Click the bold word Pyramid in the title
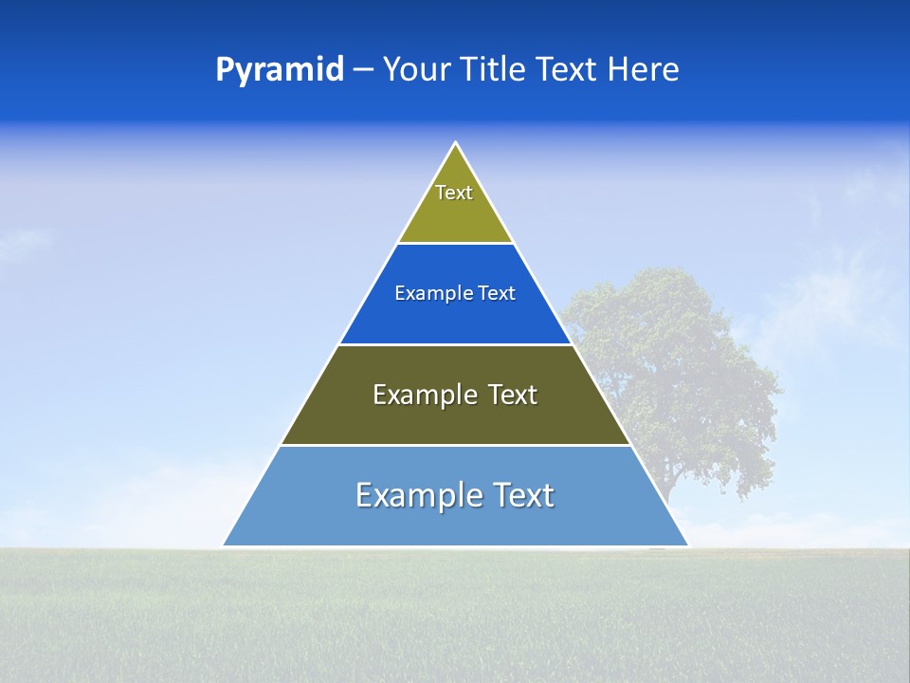coord(280,70)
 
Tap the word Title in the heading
coord(496,70)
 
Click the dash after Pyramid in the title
coord(363,71)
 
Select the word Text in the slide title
coord(567,70)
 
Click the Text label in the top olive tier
coord(454,193)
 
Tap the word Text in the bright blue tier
coord(497,294)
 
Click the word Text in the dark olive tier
coord(512,395)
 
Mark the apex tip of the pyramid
coord(456,143)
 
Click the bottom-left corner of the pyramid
coord(224,545)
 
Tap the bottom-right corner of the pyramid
coord(687,545)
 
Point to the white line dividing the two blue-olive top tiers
coord(455,244)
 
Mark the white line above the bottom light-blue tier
coord(455,445)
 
